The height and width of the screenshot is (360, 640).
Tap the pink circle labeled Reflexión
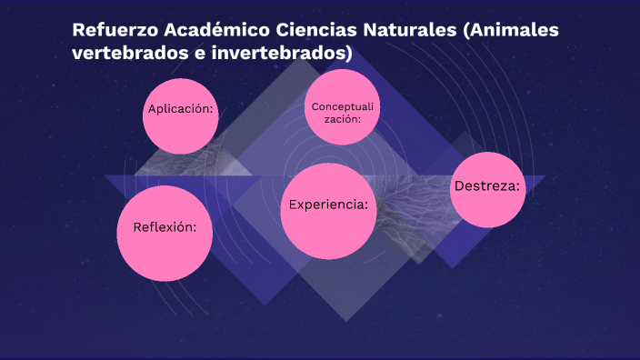(165, 233)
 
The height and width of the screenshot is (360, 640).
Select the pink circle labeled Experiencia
(328, 211)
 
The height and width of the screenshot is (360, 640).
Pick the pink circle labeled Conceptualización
(341, 106)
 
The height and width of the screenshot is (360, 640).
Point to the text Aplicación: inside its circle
(180, 109)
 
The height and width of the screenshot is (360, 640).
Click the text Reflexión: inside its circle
(165, 227)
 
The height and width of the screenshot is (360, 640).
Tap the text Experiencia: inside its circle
(328, 205)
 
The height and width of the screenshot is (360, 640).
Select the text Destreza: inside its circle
(487, 185)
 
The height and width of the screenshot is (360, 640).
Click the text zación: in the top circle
(343, 119)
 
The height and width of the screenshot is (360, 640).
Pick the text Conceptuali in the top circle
(343, 107)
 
